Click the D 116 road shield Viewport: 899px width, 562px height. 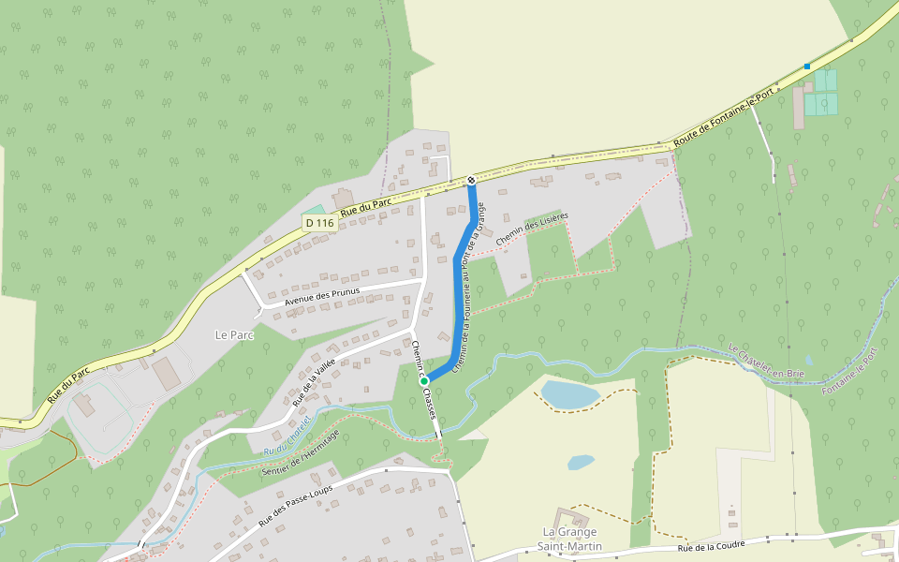319,223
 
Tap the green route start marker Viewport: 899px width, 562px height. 424,380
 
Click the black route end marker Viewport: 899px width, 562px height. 471,180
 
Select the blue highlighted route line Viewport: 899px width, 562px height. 458,300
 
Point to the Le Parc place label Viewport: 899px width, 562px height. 234,334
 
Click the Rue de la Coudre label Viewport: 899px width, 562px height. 714,548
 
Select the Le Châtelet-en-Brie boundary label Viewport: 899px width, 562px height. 766,361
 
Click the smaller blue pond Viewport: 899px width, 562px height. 581,462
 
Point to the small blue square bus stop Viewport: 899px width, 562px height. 807,66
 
